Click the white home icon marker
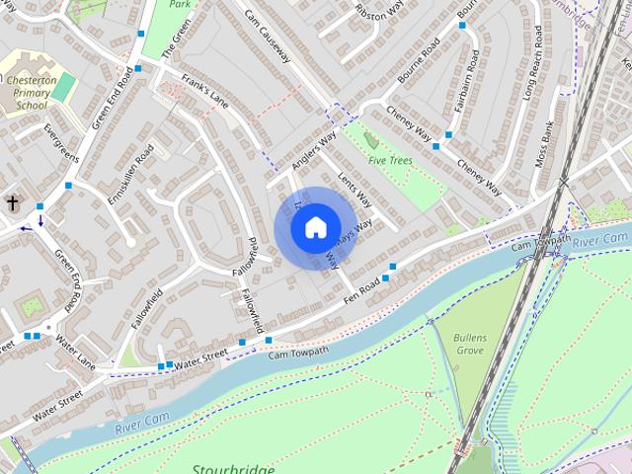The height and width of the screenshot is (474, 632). (315, 228)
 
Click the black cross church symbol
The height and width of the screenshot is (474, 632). (13, 202)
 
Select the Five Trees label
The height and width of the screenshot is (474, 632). (391, 160)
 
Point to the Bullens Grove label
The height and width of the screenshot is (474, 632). (469, 344)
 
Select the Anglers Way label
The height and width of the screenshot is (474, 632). (315, 148)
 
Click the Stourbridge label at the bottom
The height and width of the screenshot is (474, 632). (234, 468)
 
